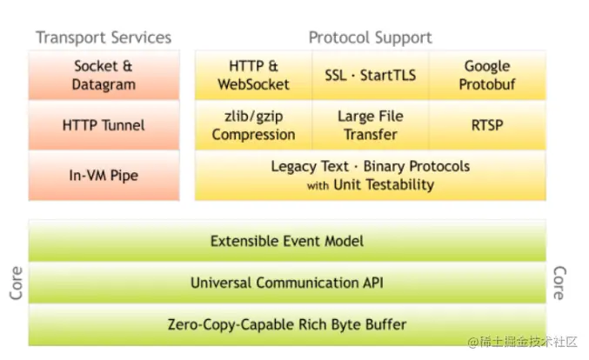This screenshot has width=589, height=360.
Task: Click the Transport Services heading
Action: coord(104,37)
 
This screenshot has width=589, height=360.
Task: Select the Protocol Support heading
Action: coord(370,37)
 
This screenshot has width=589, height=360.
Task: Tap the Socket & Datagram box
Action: coord(104,76)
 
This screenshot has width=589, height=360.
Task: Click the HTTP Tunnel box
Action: coord(104,125)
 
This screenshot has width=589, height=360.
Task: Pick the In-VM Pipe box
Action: coord(104,176)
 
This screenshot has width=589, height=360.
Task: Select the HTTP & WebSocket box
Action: coord(253,76)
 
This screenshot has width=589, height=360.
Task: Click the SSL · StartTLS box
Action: coord(370,76)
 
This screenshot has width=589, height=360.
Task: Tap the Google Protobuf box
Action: coord(487,76)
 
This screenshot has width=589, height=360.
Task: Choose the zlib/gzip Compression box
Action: coord(253,125)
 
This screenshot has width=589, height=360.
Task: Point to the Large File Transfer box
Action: coord(370,125)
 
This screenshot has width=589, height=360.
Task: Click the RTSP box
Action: coord(487,125)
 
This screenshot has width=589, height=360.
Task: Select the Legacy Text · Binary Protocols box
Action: coord(370,175)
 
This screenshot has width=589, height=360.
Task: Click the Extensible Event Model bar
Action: coord(287,241)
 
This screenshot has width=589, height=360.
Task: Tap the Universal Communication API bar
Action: coord(287,283)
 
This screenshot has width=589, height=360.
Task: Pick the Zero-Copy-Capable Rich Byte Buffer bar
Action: coord(287,324)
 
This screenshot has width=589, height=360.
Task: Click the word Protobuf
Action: coord(487,84)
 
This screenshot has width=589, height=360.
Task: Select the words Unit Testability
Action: coord(384,184)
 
